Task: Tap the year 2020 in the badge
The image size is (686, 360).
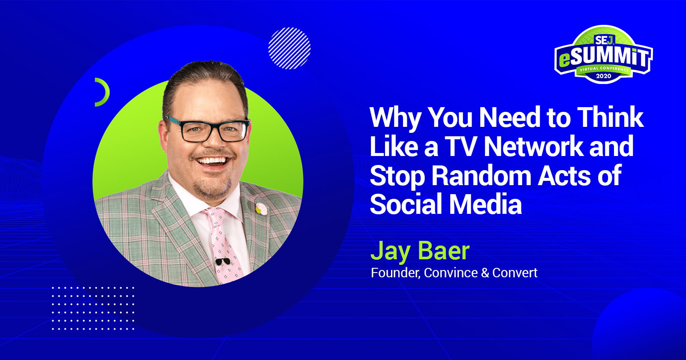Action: pos(603,76)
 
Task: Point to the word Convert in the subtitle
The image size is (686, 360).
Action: pos(514,273)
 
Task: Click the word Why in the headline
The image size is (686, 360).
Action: pos(395,117)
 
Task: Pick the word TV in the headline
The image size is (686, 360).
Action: pos(460,147)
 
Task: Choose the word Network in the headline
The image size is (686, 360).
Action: pos(533,147)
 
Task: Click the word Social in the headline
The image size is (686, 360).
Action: pos(405,204)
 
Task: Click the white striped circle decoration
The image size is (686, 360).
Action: pos(289,48)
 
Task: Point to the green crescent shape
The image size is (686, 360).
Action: pos(103,92)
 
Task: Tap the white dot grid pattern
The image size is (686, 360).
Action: pos(93,308)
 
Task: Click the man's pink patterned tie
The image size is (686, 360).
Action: pos(223,244)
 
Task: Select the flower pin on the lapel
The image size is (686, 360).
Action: pos(261,209)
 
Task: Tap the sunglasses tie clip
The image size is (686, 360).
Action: pos(222,261)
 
